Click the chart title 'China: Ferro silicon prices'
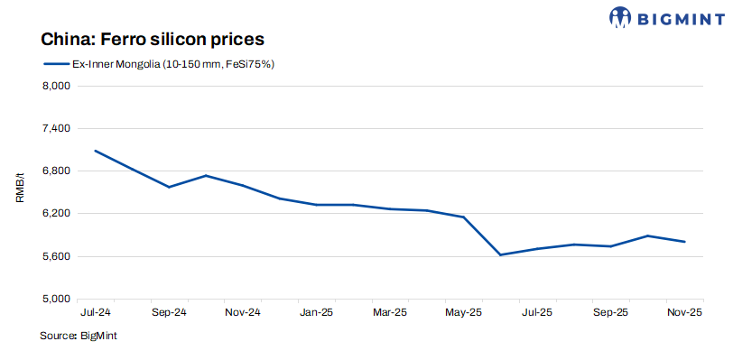152,40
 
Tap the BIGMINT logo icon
621,16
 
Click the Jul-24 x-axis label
95,312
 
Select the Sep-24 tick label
169,312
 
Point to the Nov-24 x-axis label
243,312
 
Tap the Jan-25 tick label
316,312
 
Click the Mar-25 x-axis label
390,312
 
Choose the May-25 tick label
464,312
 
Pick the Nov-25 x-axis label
684,312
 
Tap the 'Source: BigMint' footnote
79,336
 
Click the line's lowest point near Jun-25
500,255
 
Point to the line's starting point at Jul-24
95,151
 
